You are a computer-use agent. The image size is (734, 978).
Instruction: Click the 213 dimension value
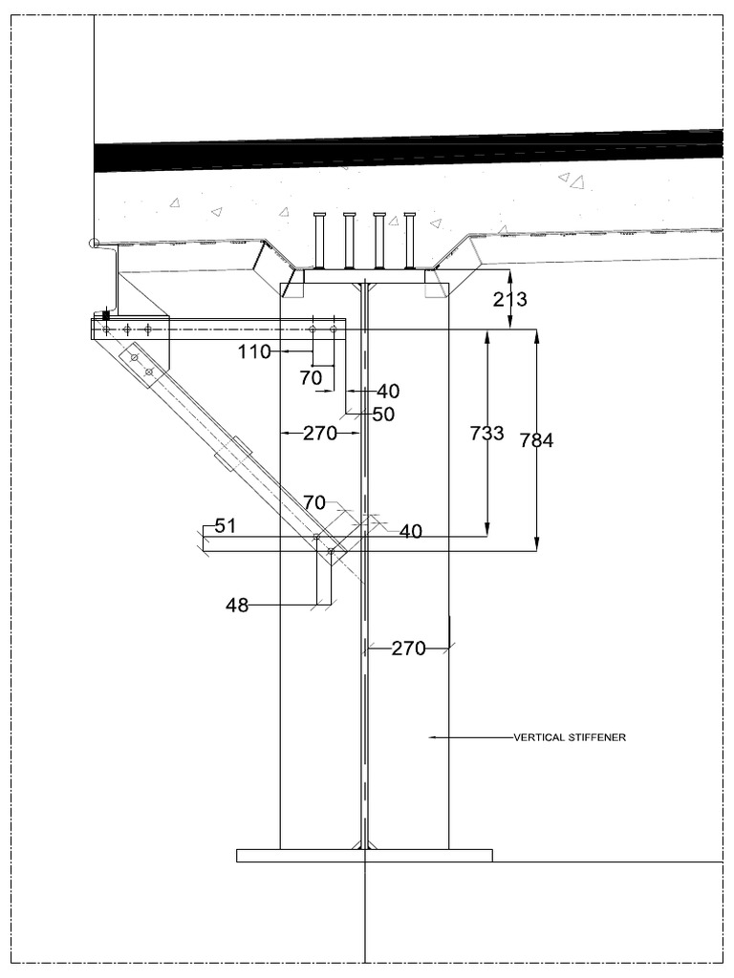pyautogui.click(x=510, y=299)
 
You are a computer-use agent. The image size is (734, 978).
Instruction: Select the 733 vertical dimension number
pyautogui.click(x=486, y=433)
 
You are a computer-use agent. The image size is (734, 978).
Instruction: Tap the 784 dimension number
pyautogui.click(x=537, y=440)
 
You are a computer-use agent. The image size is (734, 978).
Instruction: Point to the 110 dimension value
pyautogui.click(x=254, y=351)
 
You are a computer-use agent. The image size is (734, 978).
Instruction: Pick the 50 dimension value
pyautogui.click(x=383, y=415)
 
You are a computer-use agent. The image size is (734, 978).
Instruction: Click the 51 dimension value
pyautogui.click(x=226, y=526)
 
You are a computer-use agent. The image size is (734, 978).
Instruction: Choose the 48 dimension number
pyautogui.click(x=237, y=605)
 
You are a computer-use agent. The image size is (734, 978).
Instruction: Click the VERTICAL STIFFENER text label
pyautogui.click(x=570, y=737)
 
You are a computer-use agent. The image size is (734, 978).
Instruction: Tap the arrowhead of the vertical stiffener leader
pyautogui.click(x=432, y=737)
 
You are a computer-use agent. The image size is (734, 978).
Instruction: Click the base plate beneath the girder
pyautogui.click(x=364, y=856)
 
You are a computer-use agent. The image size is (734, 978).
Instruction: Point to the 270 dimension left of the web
pyautogui.click(x=320, y=433)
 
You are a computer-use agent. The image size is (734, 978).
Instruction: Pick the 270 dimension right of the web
pyautogui.click(x=408, y=648)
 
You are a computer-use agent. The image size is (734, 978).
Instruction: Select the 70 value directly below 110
pyautogui.click(x=311, y=377)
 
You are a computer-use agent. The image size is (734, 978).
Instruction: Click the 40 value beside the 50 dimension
pyautogui.click(x=388, y=391)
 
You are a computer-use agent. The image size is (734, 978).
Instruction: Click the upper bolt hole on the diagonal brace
pyautogui.click(x=134, y=357)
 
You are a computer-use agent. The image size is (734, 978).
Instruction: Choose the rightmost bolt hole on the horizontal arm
pyautogui.click(x=334, y=329)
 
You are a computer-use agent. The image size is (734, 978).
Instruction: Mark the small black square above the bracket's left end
pyautogui.click(x=106, y=315)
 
